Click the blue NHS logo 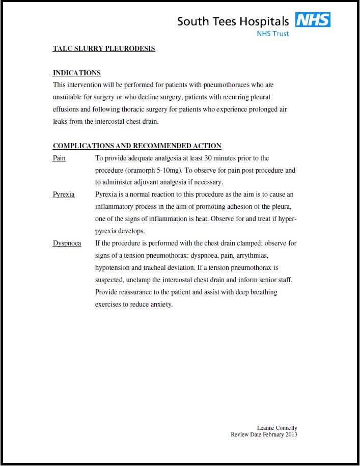pos(313,20)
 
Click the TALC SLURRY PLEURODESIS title pos(104,49)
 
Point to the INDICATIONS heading pos(77,73)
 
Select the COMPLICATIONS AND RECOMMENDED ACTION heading pos(137,146)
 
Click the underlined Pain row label pos(59,158)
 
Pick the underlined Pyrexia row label pos(64,195)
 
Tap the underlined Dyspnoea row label pos(67,243)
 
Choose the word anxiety pos(161,305)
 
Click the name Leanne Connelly pos(277,428)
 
